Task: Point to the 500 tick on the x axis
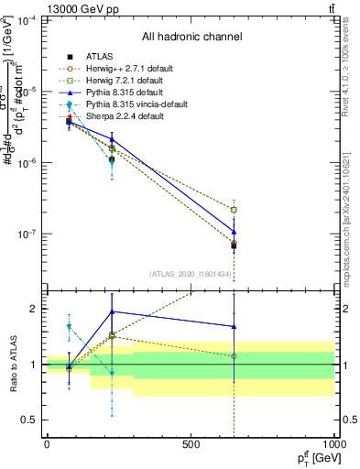191,444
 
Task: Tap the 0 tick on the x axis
47,444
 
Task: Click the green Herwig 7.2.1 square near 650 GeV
234,210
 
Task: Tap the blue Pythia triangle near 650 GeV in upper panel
234,232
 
